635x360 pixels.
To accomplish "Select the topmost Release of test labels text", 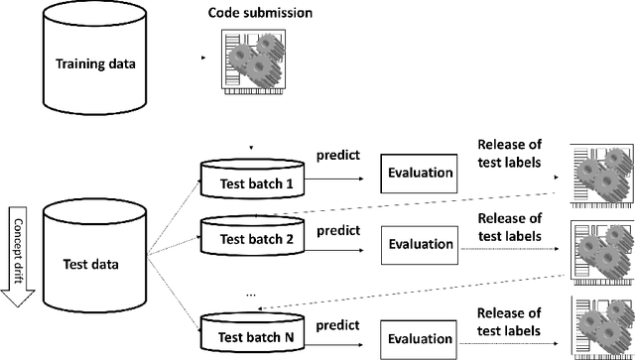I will (509, 157).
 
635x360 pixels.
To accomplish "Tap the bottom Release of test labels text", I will (509, 320).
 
